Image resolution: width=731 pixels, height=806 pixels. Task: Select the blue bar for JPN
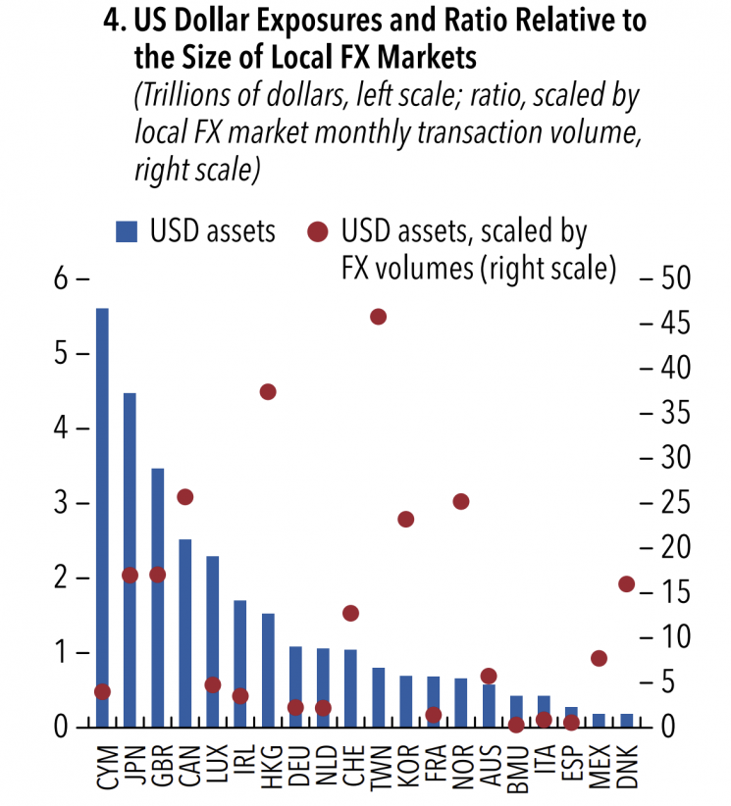point(130,559)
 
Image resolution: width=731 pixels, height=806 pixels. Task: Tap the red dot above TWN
point(379,317)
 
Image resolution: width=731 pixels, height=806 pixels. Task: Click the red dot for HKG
point(268,392)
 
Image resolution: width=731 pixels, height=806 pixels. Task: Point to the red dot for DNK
point(627,584)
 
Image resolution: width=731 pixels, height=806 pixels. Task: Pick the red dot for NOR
point(461,502)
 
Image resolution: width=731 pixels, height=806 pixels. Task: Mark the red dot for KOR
point(406,519)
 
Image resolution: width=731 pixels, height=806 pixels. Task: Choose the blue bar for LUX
point(212,641)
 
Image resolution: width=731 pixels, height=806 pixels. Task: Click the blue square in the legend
point(127,232)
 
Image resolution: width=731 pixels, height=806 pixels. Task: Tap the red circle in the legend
point(318,232)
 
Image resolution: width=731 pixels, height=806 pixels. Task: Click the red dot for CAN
point(184,497)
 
